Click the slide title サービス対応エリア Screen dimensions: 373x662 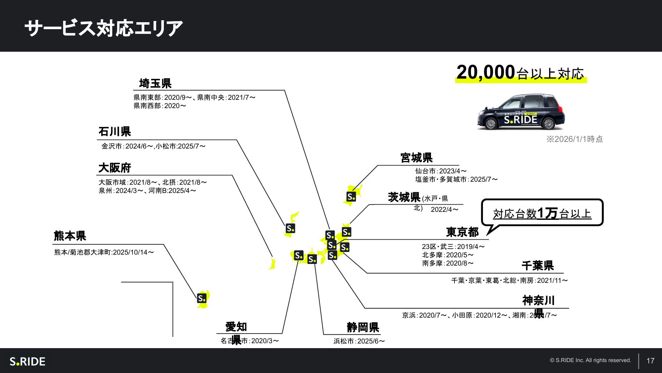click(x=104, y=28)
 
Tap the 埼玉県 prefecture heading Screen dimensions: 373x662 click(x=155, y=83)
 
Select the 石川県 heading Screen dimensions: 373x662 click(x=115, y=132)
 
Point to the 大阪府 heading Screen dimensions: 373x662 click(x=115, y=168)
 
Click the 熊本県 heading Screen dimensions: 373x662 click(x=70, y=236)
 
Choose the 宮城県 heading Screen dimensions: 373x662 click(x=416, y=158)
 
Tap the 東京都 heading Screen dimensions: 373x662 click(x=462, y=232)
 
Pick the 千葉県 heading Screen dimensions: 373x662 click(x=538, y=266)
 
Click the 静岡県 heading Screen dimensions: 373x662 click(x=363, y=327)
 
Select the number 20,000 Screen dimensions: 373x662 click(x=486, y=72)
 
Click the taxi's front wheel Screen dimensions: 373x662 click(x=491, y=124)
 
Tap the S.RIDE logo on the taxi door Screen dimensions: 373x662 click(x=520, y=120)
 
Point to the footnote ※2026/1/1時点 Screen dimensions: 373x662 click(x=574, y=139)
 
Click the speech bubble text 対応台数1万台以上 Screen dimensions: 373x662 click(x=542, y=214)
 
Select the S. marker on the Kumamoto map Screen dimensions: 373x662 click(x=202, y=298)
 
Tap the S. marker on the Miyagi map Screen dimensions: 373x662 click(x=351, y=197)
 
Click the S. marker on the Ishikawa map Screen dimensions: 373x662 click(x=290, y=228)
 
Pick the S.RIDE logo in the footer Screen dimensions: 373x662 click(x=27, y=361)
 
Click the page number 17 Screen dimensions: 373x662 click(x=650, y=361)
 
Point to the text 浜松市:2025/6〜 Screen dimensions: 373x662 click(x=359, y=341)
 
